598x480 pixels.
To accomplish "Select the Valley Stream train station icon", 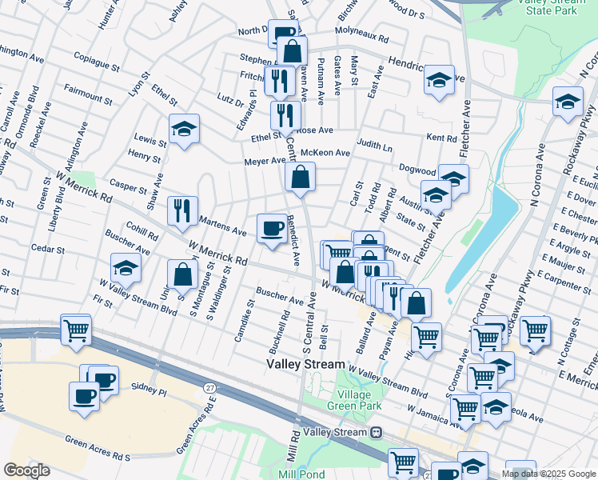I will [375, 432].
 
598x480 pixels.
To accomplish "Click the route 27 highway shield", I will [210, 387].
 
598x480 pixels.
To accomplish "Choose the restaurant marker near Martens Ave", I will [182, 210].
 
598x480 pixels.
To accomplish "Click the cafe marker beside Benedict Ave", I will [272, 229].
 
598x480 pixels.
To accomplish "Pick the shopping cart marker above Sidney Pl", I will [76, 329].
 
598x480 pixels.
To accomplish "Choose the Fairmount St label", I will [88, 93].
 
